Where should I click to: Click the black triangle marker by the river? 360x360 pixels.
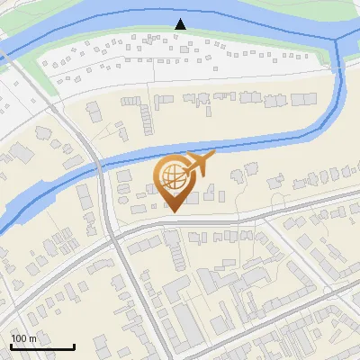coord(181,24)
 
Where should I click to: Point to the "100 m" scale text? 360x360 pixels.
coord(23,338)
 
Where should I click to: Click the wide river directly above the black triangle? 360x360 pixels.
coord(181,11)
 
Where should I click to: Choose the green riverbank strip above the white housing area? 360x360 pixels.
coord(135,34)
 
